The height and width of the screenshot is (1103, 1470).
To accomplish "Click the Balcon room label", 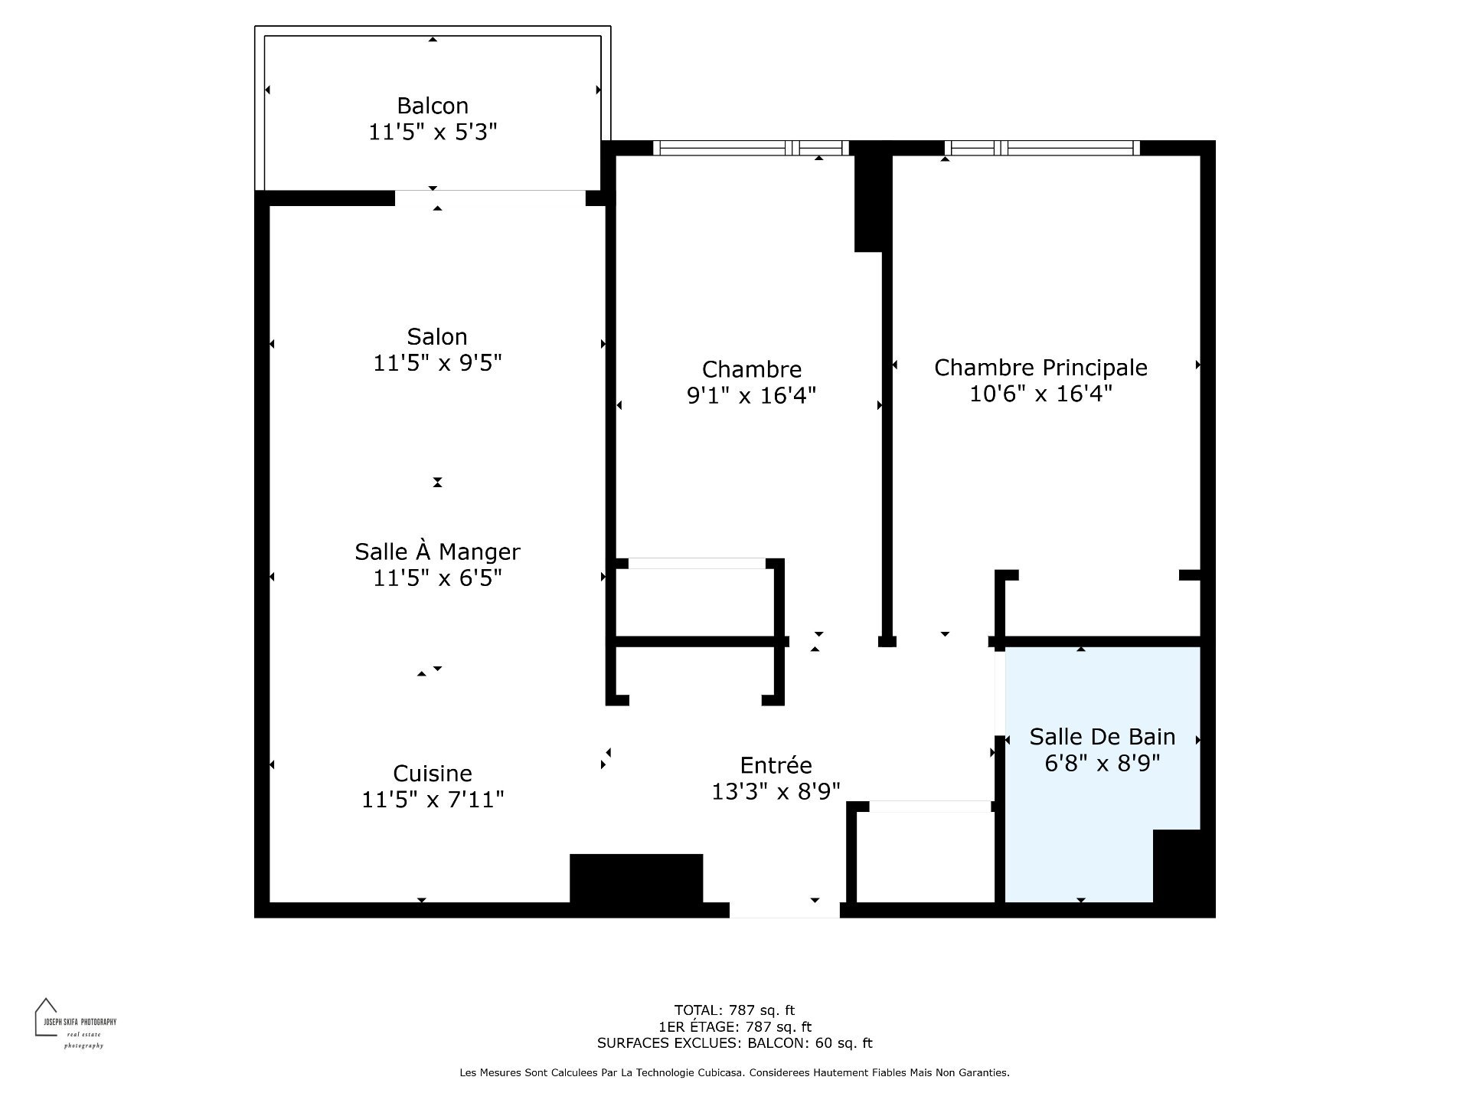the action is coord(433,106).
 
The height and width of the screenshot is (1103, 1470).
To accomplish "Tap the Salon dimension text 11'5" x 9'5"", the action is coord(437,363).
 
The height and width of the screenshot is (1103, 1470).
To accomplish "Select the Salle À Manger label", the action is coord(437,551).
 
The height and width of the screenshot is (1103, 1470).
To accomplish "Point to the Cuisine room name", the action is coord(433,774).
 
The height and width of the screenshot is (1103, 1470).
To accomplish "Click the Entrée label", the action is coord(776,765).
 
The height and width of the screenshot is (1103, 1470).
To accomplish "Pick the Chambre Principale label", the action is coord(1041,368).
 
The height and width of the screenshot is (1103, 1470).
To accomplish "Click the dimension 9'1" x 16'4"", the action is coord(752,396).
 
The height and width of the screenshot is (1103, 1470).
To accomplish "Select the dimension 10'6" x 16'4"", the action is coord(1041,394).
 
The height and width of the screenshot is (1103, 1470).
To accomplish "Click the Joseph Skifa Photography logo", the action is coord(75,1023).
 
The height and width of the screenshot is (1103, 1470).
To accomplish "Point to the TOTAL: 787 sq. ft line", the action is coord(734,1010).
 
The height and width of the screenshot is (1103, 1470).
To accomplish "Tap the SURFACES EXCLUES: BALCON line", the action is coord(734,1043).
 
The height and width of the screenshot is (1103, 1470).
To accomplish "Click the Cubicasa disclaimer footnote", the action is coord(734,1073).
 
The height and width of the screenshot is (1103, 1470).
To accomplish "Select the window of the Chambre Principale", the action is coord(1042,148).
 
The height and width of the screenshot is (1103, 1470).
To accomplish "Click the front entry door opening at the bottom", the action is coord(785,910).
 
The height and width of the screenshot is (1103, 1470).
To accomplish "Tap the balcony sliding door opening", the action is coord(490,198).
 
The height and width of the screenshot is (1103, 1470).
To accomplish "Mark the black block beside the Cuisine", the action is coord(636,879).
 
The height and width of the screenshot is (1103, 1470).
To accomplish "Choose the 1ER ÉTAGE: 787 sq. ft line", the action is coord(734,1027).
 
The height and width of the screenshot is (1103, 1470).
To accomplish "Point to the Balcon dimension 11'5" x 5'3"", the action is coord(433,133).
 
